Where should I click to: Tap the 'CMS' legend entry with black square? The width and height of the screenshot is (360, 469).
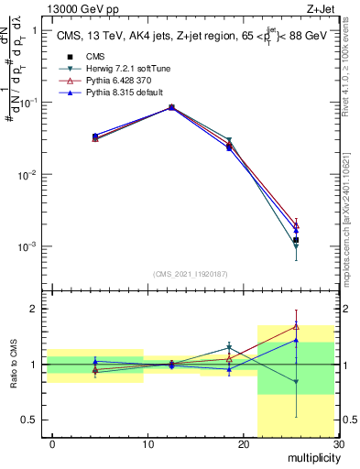tap(94, 57)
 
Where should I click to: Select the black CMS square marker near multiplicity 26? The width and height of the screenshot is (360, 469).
tap(296, 240)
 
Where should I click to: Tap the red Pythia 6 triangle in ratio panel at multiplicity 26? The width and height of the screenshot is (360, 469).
tap(296, 326)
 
